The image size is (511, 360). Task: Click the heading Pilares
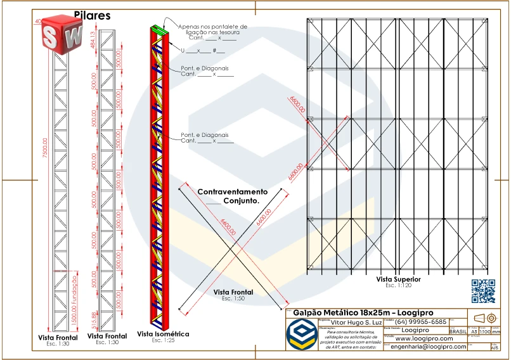[92, 15]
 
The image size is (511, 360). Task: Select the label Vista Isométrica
[163, 333]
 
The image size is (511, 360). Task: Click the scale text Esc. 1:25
[163, 340]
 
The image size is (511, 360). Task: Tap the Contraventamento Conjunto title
[233, 195]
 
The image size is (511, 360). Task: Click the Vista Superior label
[398, 279]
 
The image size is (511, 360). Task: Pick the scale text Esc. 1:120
[398, 285]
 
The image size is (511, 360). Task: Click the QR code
[483, 290]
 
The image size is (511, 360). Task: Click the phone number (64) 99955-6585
[421, 322]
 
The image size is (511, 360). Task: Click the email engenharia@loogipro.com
[429, 347]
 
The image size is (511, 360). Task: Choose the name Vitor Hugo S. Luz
[351, 322]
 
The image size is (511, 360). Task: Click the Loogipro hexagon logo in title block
[301, 334]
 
